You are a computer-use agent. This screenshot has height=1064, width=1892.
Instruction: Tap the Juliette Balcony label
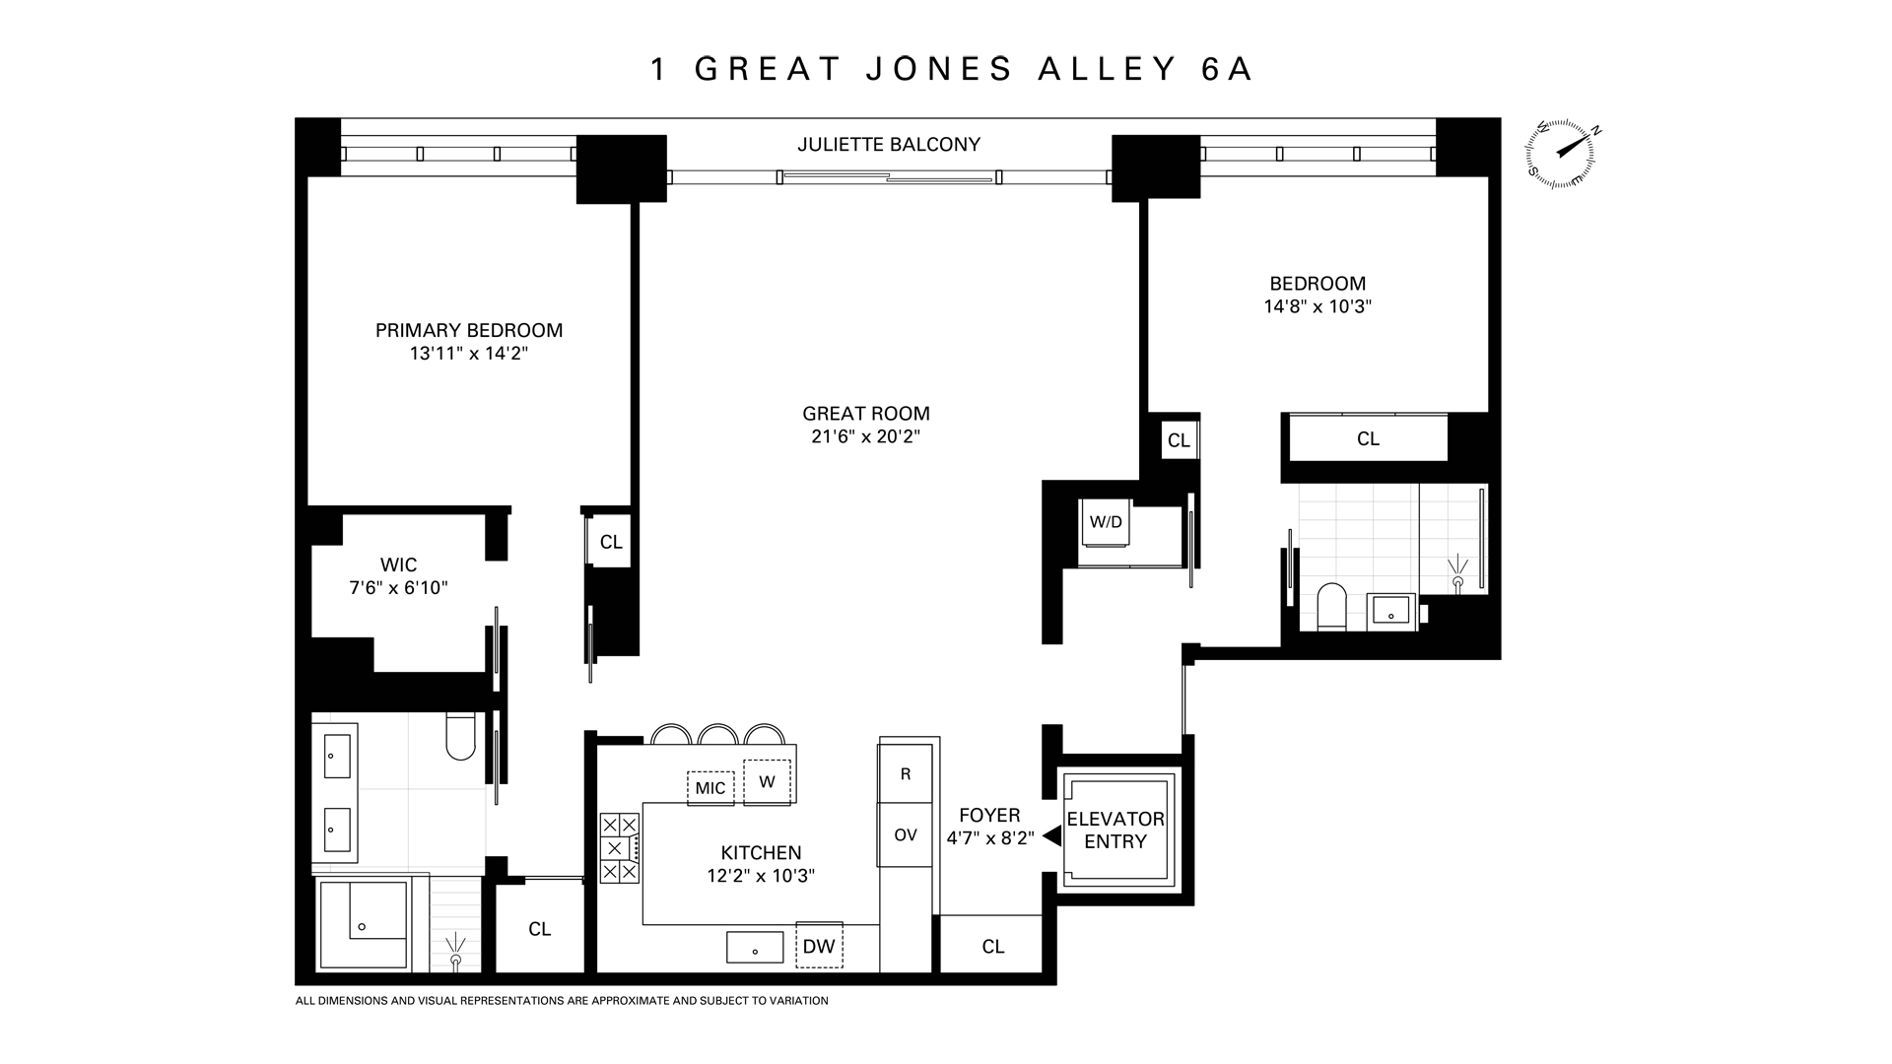(x=889, y=145)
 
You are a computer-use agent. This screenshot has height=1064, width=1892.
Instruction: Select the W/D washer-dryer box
(x=1106, y=522)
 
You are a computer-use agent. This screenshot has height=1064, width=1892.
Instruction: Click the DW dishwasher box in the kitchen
(x=819, y=946)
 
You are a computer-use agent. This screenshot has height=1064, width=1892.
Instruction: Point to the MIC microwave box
(x=710, y=787)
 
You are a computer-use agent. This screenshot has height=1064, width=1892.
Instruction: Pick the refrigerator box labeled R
(x=906, y=774)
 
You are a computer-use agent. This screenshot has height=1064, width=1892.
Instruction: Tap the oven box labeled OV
(x=906, y=834)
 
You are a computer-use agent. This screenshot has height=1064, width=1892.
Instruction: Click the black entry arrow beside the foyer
(x=1051, y=836)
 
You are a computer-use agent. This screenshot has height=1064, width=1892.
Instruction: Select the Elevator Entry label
(x=1115, y=830)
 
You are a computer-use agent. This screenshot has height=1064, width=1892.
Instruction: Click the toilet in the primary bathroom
(x=460, y=737)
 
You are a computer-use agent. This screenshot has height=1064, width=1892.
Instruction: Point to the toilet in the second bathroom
(x=1331, y=606)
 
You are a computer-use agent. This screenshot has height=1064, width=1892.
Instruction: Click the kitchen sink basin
(x=755, y=948)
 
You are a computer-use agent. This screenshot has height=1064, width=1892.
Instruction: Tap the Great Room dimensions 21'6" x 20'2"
(x=865, y=436)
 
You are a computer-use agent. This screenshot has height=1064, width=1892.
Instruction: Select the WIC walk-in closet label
(x=398, y=565)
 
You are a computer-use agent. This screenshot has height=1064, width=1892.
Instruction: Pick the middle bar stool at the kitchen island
(x=717, y=735)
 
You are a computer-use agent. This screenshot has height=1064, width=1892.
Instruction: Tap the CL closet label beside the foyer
(x=992, y=947)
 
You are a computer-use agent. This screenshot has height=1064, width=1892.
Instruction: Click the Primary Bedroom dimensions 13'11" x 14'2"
(x=469, y=354)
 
